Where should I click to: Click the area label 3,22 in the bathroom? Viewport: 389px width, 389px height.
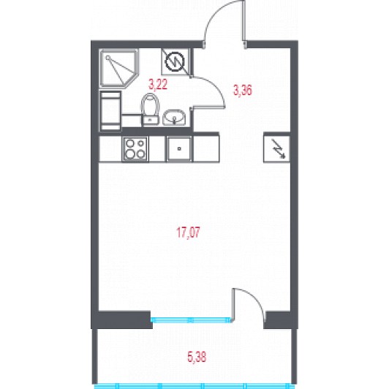tap(158, 84)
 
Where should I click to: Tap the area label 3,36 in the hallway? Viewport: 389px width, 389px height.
tap(242, 90)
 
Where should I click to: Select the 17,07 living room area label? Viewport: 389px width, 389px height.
tap(188, 233)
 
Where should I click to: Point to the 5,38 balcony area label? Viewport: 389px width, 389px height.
tap(197, 358)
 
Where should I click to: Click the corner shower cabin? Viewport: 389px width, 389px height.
tap(118, 68)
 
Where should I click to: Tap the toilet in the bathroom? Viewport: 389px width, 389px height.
tap(150, 109)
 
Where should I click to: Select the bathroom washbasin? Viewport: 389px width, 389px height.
tap(174, 117)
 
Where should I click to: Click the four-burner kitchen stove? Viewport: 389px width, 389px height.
tap(135, 149)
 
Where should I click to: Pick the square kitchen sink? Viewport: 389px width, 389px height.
tap(179, 149)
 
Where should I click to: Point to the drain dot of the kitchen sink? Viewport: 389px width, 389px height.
tap(179, 149)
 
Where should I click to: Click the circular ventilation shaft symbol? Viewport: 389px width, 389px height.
tap(175, 61)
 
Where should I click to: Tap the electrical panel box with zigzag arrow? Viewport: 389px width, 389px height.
tap(276, 148)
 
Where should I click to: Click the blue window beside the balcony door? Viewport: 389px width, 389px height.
tap(192, 320)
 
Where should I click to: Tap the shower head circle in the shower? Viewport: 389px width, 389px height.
tap(107, 58)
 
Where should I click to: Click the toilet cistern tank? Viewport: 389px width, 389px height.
tap(150, 120)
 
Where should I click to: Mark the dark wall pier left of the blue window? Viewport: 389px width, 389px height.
tap(122, 320)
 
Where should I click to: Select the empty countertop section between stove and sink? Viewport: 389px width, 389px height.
tap(156, 149)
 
